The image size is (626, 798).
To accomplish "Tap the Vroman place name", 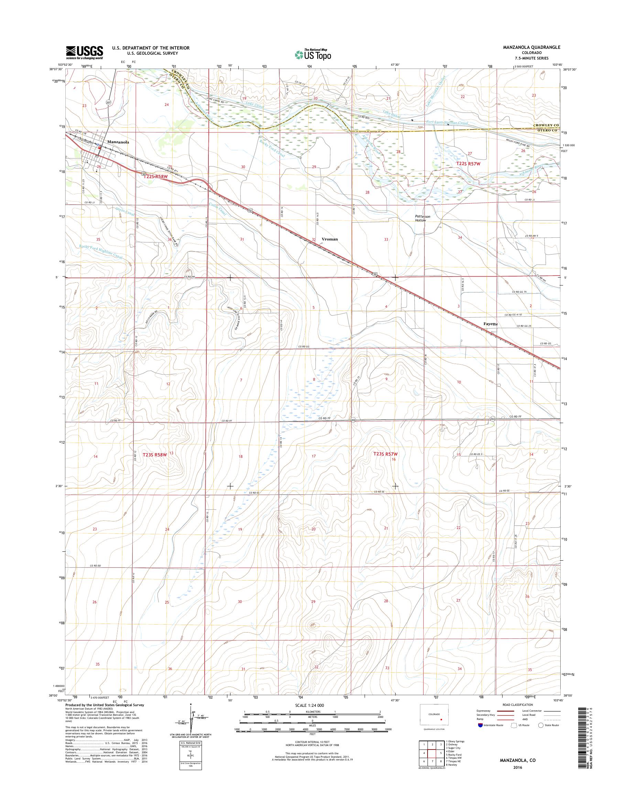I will [x=330, y=239].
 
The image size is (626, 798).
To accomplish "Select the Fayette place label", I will [x=490, y=324].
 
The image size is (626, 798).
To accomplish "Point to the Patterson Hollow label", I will [x=423, y=218].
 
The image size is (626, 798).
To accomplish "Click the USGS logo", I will [x=84, y=52].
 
